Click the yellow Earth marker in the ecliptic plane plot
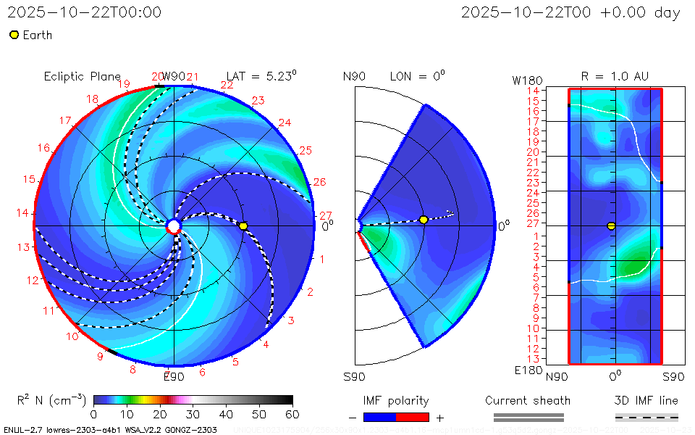(243, 226)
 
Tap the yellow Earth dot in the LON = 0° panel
(424, 220)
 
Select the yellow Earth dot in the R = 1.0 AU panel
(611, 226)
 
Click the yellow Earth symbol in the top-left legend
(14, 35)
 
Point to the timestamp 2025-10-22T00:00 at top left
(85, 12)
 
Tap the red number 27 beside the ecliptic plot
(326, 215)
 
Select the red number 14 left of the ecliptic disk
(22, 212)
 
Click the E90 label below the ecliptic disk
(174, 376)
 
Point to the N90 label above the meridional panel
(354, 76)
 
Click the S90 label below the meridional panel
(354, 376)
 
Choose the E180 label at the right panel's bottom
(528, 370)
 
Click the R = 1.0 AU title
(615, 76)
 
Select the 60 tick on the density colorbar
(292, 414)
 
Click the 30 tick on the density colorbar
(193, 414)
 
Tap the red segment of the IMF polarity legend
(413, 417)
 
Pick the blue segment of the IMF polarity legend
(380, 417)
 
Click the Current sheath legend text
(528, 400)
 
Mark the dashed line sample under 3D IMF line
(646, 417)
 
